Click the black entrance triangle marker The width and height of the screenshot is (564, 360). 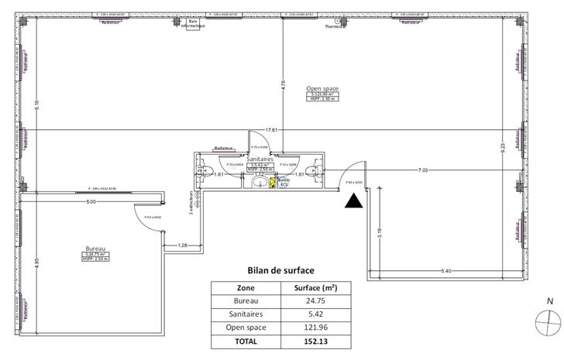[x=353, y=201]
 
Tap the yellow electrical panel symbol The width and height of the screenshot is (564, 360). [x=272, y=183]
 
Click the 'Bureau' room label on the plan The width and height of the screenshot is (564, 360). [x=95, y=249]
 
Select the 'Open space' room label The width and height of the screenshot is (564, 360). [x=320, y=88]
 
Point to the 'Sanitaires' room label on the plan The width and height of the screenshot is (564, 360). [x=259, y=159]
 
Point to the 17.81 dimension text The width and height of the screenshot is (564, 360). [x=270, y=129]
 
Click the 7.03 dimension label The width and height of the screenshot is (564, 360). [x=424, y=169]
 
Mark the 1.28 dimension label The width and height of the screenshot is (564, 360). [x=183, y=245]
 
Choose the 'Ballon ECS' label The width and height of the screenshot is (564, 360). [x=284, y=183]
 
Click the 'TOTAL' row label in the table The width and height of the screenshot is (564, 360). [x=246, y=341]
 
